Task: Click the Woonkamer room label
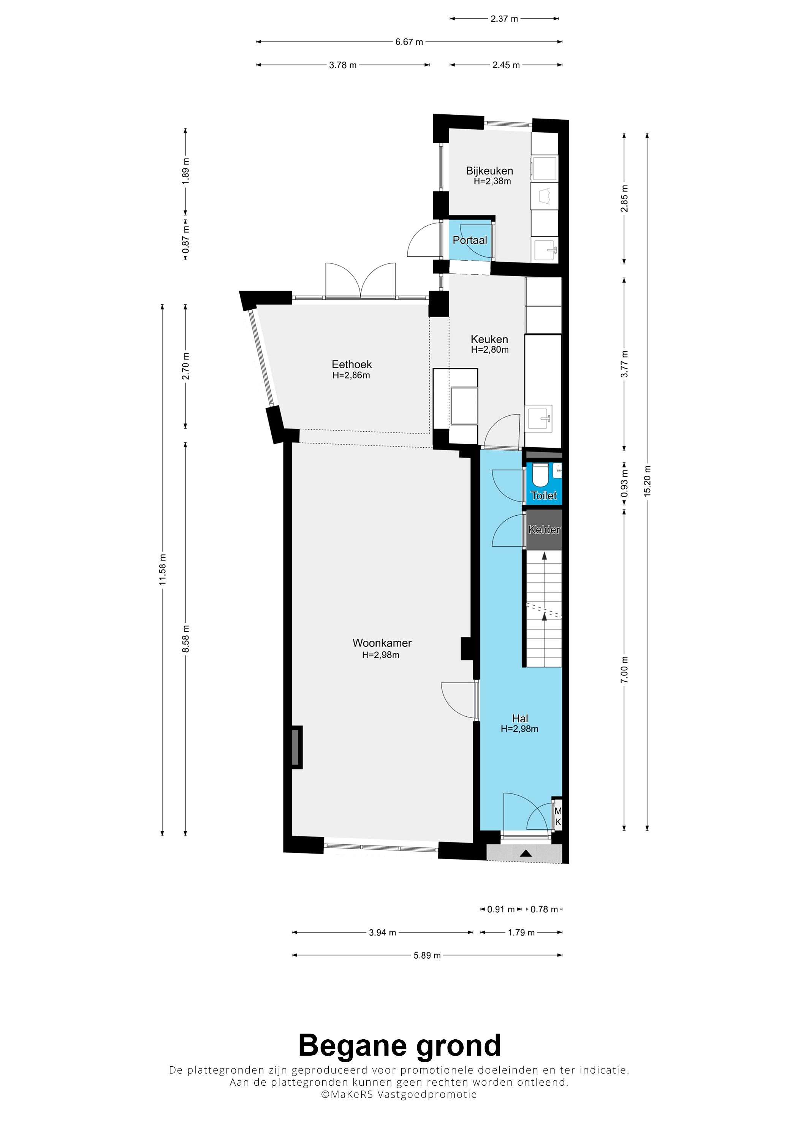[382, 643]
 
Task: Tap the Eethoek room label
[351, 364]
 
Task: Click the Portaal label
[470, 240]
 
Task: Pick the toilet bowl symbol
[540, 475]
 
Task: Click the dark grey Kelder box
[544, 530]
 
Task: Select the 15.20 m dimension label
[647, 480]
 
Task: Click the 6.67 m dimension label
[409, 42]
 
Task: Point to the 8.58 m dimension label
[185, 639]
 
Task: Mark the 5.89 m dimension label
[427, 955]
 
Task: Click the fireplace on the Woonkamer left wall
[296, 747]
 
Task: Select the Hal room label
[520, 719]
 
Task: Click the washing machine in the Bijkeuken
[544, 169]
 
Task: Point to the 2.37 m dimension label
[504, 19]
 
